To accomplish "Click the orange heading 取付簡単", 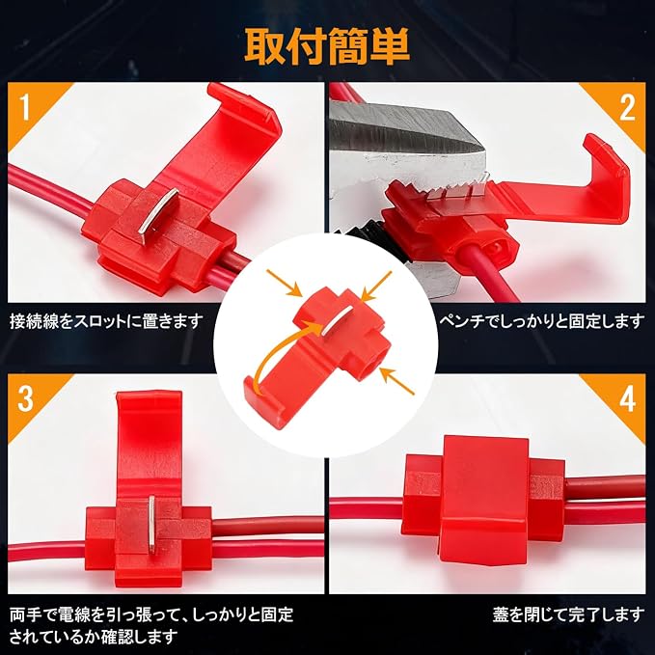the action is click(x=327, y=46).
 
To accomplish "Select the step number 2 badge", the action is click(x=627, y=107).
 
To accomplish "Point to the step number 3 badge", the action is click(x=25, y=398).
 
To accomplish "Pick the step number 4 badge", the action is click(x=627, y=398).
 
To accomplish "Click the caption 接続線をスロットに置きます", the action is click(x=106, y=321).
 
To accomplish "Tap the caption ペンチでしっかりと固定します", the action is click(x=542, y=321).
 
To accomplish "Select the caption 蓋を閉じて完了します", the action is click(x=568, y=614).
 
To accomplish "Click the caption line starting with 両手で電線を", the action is click(x=151, y=614).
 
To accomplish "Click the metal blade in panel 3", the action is click(x=151, y=522).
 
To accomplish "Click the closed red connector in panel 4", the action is click(x=484, y=499).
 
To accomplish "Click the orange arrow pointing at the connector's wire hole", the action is click(x=397, y=381).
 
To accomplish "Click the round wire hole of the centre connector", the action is click(x=369, y=363).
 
